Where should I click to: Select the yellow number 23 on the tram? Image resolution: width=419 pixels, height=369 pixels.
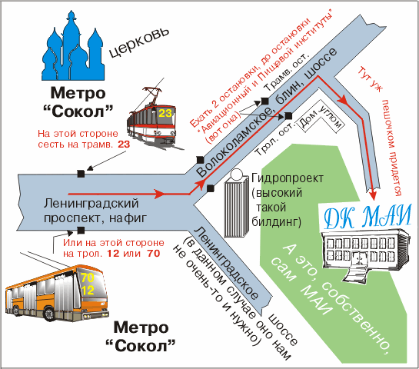(x=165, y=113)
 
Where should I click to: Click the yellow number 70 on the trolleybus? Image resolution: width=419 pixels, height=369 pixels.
(x=88, y=278)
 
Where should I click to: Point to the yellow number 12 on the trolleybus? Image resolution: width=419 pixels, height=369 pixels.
(x=88, y=290)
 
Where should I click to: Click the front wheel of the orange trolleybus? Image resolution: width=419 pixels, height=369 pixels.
(x=49, y=314)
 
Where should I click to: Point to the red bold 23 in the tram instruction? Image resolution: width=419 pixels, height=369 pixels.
(x=124, y=145)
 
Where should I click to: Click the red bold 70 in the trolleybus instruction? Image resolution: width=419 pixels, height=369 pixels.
(x=154, y=253)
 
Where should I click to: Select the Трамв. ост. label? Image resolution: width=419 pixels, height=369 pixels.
(x=287, y=72)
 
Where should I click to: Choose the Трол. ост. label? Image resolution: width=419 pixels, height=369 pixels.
(x=275, y=138)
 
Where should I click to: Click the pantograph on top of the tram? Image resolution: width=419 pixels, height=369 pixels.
(x=153, y=94)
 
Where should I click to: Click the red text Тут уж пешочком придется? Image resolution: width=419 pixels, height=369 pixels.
(x=382, y=131)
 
